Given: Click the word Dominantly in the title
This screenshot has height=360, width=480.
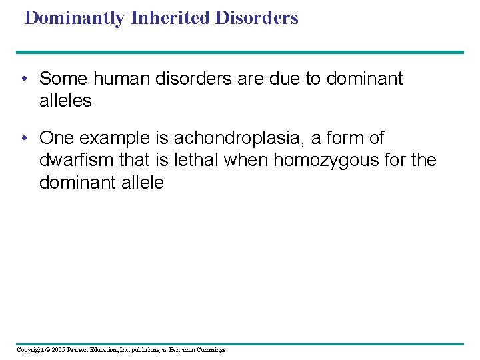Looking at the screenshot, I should [x=74, y=18].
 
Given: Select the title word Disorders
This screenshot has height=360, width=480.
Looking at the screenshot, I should [x=257, y=18].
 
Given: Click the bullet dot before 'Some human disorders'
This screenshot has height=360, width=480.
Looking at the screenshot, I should [x=23, y=79].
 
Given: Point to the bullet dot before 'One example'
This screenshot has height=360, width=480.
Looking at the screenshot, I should [x=23, y=139].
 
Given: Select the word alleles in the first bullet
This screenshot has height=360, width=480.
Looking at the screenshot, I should [x=65, y=101].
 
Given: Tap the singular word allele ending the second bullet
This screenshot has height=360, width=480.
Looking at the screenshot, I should [x=139, y=183].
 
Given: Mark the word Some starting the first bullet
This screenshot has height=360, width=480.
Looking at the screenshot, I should [x=61, y=79].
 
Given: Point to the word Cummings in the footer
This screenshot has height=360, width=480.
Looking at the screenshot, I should [x=210, y=350].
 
